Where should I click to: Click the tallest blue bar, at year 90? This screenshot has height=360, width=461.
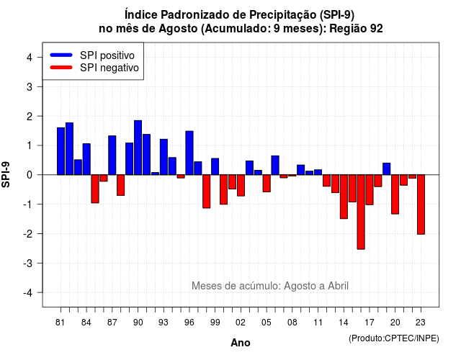138,148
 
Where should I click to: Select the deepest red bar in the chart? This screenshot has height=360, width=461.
361,212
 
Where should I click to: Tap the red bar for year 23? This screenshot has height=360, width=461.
421,204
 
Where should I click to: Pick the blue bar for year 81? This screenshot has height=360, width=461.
61,151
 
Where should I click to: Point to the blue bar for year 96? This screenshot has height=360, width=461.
189,153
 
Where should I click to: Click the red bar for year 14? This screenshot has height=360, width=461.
344,197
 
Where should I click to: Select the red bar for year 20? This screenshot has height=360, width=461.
395,194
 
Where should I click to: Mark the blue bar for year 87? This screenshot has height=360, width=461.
112,156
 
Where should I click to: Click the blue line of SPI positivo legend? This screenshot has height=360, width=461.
61,55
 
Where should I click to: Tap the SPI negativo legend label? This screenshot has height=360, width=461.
109,68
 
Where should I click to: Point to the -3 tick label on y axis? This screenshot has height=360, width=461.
29,263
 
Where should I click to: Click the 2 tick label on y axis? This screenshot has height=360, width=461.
30,117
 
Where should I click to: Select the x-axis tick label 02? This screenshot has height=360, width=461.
241,323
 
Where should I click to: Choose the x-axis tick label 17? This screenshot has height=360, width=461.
370,323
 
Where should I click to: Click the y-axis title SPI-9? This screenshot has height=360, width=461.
6,174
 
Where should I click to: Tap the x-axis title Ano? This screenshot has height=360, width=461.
241,343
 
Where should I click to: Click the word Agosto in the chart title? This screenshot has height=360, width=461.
178,29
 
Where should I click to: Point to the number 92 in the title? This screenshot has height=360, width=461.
376,29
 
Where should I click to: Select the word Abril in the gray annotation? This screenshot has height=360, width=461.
338,286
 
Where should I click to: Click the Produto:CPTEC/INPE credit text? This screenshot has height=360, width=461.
394,338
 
